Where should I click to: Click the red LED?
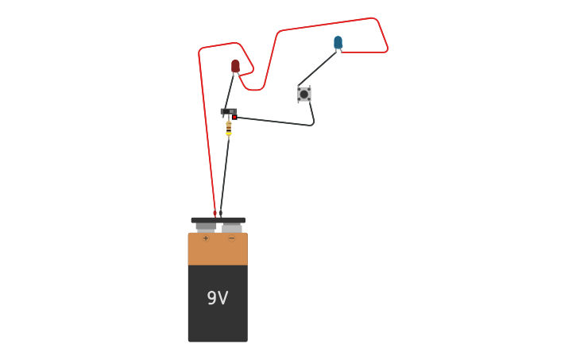pos(235,66)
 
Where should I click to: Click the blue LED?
pos(338,41)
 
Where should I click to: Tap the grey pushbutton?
pos(304,94)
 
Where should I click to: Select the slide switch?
pos(229,111)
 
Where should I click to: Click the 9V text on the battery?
pos(218,298)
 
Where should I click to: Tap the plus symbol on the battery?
pos(206,238)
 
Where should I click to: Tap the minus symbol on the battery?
pos(232,238)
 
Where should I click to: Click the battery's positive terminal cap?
pos(206,226)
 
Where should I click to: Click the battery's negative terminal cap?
pos(232,227)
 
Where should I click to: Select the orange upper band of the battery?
pos(218,250)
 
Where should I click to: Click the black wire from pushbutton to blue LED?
pos(319,68)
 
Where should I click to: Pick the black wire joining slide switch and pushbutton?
pos(274,122)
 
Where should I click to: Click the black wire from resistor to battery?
pos(224,175)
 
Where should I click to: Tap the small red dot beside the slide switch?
pos(234,118)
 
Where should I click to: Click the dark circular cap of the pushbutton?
pos(304,94)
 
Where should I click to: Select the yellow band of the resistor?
pos(229,134)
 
